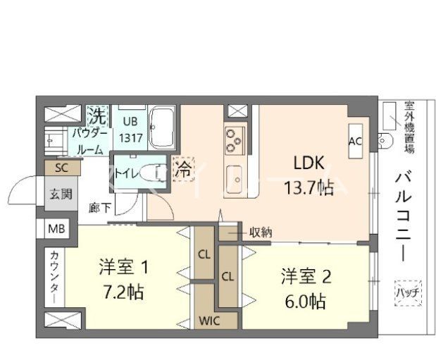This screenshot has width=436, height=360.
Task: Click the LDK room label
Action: coord(308,163)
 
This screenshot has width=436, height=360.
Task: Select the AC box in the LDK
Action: coord(355,140)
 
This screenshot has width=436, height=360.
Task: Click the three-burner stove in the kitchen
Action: coord(235,138)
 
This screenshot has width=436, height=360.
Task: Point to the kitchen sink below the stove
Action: coord(235,173)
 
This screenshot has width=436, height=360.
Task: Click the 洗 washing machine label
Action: coord(97,115)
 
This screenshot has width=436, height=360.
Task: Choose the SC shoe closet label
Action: coord(61,168)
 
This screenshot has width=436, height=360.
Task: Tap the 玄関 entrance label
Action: coord(60,194)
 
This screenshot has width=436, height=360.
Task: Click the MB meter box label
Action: coord(55,229)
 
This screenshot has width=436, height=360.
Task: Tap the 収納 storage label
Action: coord(261,232)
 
